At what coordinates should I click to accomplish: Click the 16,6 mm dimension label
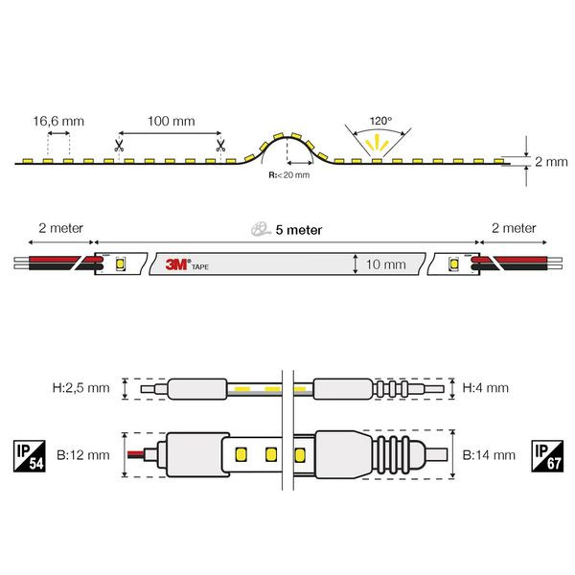tap(58, 121)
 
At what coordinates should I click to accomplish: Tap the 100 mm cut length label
tap(172, 121)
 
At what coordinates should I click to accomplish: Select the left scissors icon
tap(119, 146)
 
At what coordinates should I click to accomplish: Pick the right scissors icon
tap(220, 146)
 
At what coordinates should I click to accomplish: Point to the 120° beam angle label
tap(380, 121)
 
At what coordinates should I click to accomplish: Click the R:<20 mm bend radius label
tap(289, 175)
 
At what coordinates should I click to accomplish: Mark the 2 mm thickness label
tap(551, 161)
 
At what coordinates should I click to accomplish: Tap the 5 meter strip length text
tap(299, 230)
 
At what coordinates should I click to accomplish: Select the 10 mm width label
tap(386, 264)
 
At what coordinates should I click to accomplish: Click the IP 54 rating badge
tap(30, 456)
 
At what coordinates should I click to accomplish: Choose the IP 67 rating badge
tap(547, 456)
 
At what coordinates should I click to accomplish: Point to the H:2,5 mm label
tap(81, 387)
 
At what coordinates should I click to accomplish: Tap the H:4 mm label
tap(486, 387)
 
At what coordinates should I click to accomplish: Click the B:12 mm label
tap(83, 455)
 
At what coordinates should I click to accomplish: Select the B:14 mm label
tap(489, 455)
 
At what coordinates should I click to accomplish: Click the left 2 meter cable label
tap(61, 228)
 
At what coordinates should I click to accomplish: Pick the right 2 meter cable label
tap(514, 228)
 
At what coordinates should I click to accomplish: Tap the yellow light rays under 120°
tap(378, 144)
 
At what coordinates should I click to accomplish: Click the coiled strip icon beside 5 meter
tap(261, 228)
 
